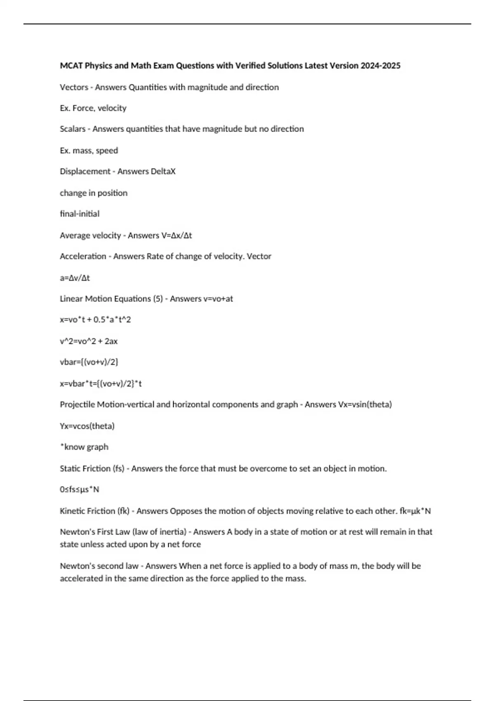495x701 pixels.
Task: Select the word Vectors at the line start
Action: (74, 87)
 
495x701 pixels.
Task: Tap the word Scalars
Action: (73, 129)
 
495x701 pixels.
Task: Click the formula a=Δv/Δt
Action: (75, 278)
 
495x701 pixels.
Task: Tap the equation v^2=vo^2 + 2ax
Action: (89, 341)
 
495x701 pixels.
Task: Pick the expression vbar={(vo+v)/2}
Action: (89, 362)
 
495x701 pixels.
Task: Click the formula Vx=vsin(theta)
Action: (365, 405)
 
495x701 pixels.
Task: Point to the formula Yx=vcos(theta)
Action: (87, 426)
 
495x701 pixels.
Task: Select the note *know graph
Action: (84, 447)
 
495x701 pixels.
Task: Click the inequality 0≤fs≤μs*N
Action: (80, 489)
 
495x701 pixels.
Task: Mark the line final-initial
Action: (80, 214)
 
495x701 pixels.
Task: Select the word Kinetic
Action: (73, 511)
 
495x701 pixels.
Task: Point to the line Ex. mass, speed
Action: (89, 151)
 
